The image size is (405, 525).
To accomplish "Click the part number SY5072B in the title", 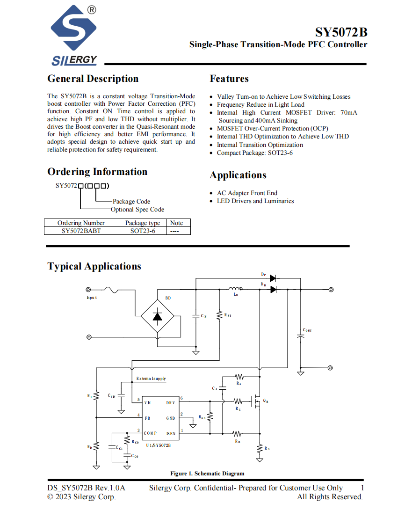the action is pos(341,32).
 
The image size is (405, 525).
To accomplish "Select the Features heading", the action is pos(229,79).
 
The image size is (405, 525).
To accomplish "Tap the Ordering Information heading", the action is pos(97,172).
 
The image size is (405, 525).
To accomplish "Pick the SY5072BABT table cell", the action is pos(81,231).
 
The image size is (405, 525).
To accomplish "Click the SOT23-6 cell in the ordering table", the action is pos(143,231).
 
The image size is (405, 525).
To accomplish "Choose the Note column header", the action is pos(176,223).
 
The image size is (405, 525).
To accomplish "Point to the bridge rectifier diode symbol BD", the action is pos(157,316).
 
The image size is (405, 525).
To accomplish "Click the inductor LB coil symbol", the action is pos(236,288).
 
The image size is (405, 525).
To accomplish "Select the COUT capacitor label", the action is pos(307,330).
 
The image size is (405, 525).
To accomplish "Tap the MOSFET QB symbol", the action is pos(256,401).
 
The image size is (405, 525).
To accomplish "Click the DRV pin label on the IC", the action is pos(170,403).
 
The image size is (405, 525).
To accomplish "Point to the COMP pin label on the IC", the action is pos(150,433).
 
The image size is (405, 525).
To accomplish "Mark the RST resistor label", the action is pos(228,315).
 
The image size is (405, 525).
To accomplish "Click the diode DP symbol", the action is pos(273,278).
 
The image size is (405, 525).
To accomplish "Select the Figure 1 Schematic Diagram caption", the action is pos(207,474).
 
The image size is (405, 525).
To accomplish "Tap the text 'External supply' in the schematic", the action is pos(151,379).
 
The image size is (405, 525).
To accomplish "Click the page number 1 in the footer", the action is pos(362,488).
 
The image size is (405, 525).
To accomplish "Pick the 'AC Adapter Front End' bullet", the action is pos(247,193).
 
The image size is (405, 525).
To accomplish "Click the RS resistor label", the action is pos(267,448).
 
